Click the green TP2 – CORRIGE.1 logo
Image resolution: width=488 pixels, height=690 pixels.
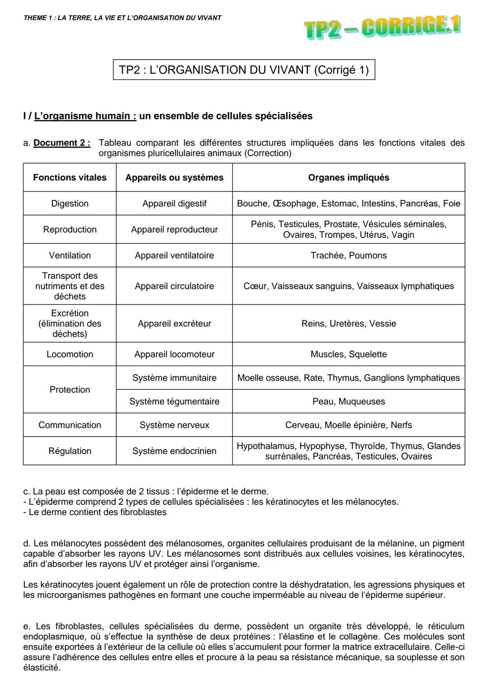click(382, 28)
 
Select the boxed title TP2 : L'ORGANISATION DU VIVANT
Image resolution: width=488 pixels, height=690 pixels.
click(244, 70)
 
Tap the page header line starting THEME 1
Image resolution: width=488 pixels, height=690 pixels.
click(122, 18)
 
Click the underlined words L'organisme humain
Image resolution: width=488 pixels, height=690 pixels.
click(85, 116)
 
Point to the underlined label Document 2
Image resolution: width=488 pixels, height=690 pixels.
click(61, 143)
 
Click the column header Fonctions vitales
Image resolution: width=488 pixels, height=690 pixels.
click(70, 178)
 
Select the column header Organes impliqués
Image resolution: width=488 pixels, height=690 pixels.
click(348, 178)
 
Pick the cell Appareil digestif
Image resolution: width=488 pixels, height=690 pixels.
click(174, 203)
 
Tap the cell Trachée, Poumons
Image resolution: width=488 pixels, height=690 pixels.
click(348, 255)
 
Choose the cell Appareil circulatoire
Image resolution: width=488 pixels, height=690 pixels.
click(174, 286)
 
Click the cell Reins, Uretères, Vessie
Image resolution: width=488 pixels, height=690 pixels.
click(348, 324)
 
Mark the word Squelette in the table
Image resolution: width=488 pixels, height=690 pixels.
click(367, 354)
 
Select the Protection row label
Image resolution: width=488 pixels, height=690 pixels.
click(70, 390)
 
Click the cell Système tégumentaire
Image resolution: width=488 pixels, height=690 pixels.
click(174, 401)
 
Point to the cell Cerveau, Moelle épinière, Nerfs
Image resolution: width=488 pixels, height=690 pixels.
click(348, 425)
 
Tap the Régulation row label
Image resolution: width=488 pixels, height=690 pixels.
click(70, 451)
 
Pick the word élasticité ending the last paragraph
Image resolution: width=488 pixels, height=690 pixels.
click(41, 667)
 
